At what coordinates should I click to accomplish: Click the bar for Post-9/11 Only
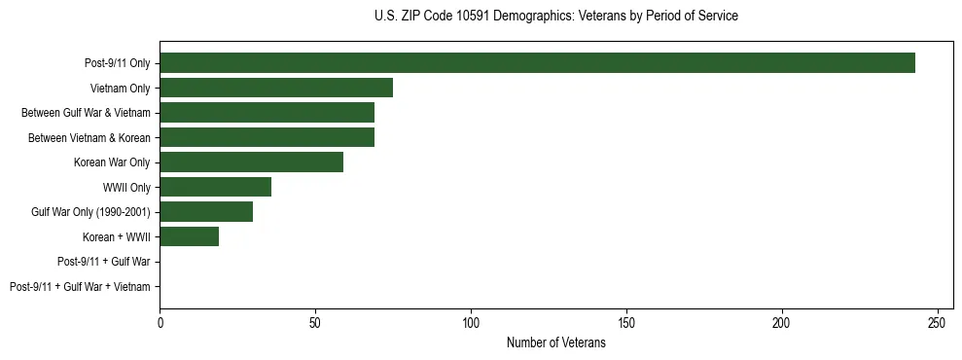[x=537, y=63]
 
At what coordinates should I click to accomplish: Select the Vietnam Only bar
[x=276, y=88]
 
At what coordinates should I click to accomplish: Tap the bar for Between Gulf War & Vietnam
[x=267, y=113]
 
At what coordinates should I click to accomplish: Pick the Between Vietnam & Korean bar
[x=267, y=137]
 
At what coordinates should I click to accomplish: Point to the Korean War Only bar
[x=251, y=162]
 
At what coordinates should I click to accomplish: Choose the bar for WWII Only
[x=215, y=187]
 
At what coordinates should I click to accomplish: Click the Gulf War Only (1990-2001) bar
[x=206, y=212]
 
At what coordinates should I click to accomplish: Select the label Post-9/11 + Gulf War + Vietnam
[x=80, y=287]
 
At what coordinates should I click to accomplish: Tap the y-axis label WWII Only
[x=126, y=188]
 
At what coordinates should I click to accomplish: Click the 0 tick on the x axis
[x=160, y=322]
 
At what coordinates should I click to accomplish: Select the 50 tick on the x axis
[x=315, y=322]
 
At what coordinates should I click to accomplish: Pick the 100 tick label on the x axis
[x=471, y=322]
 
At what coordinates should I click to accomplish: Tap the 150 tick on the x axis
[x=626, y=322]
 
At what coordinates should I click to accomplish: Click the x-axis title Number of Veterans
[x=555, y=342]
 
